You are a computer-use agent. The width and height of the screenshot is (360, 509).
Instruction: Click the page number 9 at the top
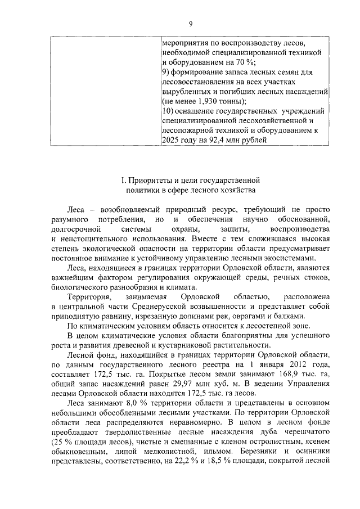point(191,23)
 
